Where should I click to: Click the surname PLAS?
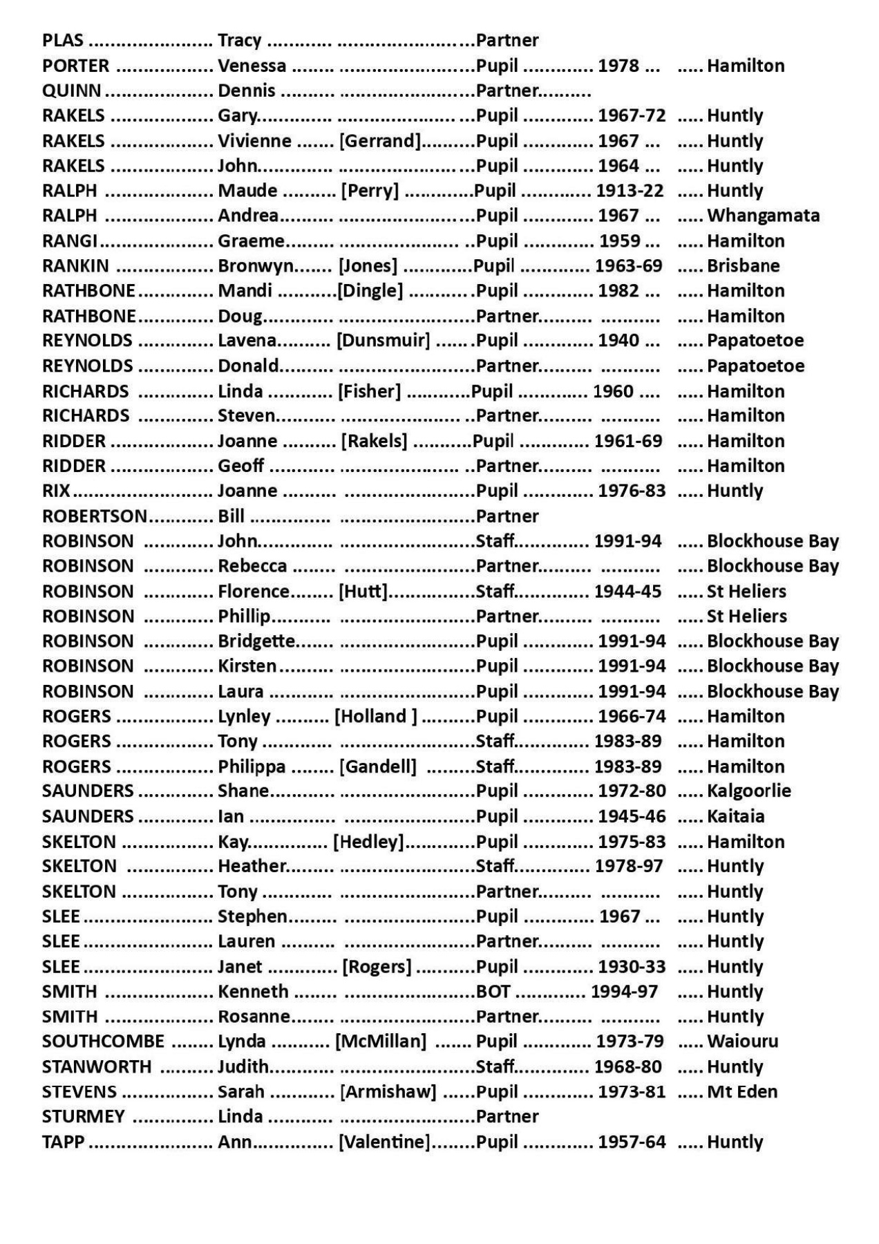[x=62, y=41]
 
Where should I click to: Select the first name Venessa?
[x=252, y=66]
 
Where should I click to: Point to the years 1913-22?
[x=630, y=191]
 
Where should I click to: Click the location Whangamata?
[x=763, y=216]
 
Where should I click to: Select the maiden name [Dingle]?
[x=370, y=291]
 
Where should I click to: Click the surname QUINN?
[x=71, y=91]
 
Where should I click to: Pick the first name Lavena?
[x=247, y=341]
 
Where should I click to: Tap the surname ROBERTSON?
[x=94, y=516]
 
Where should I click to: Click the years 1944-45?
[x=628, y=592]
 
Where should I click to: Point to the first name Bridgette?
[x=256, y=641]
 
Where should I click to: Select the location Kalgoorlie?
[x=748, y=791]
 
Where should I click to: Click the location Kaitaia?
[x=735, y=816]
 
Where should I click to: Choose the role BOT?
[x=493, y=992]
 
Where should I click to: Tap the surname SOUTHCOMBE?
[x=103, y=1042]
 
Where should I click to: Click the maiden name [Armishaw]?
[x=388, y=1092]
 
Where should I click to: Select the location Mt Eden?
[x=741, y=1092]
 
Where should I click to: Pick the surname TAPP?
[x=63, y=1142]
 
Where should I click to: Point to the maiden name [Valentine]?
[x=384, y=1142]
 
